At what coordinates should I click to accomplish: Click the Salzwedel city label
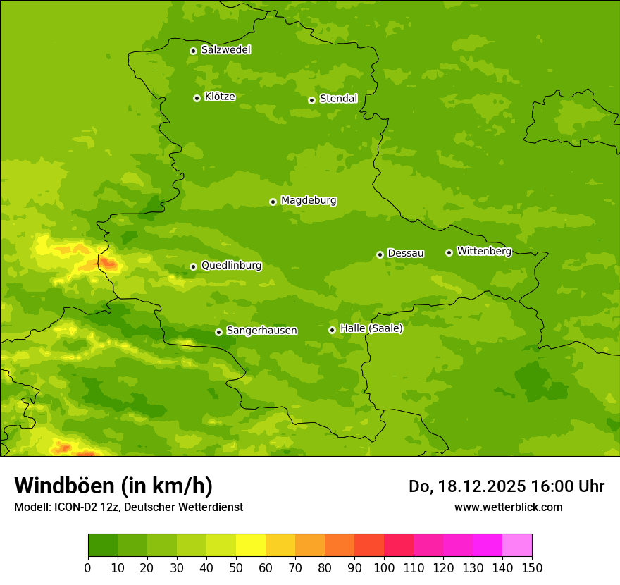click(225, 50)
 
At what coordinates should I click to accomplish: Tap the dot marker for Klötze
click(197, 98)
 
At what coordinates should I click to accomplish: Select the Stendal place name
click(338, 99)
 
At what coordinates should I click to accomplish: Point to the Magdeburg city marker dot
click(273, 202)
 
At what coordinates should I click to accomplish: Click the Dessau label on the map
click(406, 253)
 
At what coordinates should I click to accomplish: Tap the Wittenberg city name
click(483, 251)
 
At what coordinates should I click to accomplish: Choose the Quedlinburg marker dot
click(193, 266)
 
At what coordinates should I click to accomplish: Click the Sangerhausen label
click(261, 331)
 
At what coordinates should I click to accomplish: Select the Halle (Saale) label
click(371, 328)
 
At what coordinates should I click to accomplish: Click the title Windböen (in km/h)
click(113, 486)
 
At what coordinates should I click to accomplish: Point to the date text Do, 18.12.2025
click(466, 486)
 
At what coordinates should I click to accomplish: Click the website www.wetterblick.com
click(508, 507)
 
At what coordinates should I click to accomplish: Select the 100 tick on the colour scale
click(384, 567)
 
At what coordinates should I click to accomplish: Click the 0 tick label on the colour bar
click(88, 567)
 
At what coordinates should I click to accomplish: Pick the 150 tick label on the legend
click(532, 567)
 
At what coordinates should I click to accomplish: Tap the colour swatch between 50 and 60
click(251, 546)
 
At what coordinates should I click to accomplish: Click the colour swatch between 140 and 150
click(517, 546)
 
